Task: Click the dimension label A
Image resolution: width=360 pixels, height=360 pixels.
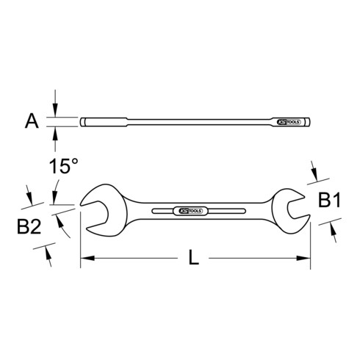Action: click(32, 120)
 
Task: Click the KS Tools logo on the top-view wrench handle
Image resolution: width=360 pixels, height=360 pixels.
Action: click(190, 211)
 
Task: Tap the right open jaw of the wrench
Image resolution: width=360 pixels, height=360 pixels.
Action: click(292, 205)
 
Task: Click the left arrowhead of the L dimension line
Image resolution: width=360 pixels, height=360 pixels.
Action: click(83, 258)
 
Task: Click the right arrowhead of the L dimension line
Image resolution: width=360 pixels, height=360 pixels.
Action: click(308, 258)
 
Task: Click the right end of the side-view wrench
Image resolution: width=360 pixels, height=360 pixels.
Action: click(306, 120)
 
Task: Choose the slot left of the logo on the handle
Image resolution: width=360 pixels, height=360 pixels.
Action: click(162, 212)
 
